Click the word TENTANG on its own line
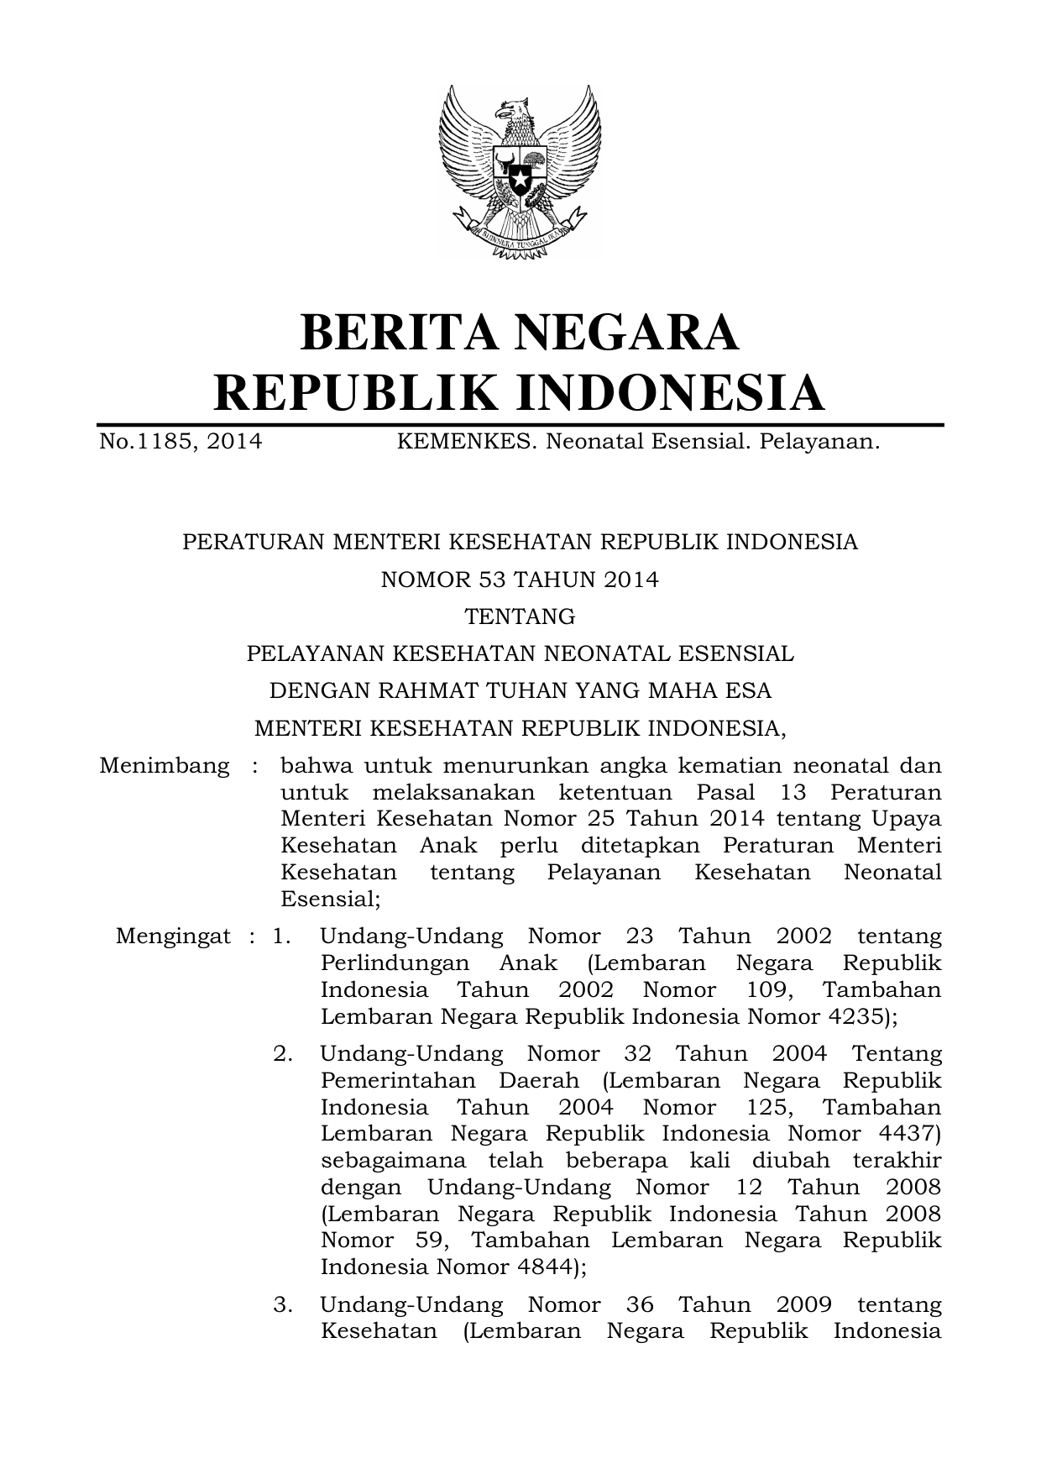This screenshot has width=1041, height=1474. pos(520,616)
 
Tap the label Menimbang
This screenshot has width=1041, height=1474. pos(164,766)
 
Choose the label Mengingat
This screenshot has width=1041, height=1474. pos(173,936)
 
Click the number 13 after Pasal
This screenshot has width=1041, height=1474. pos(792,793)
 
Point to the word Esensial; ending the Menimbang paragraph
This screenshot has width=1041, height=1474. pos(330,900)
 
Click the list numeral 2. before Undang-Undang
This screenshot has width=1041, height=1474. pos(283,1053)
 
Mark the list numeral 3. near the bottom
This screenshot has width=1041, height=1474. pos(283,1304)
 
